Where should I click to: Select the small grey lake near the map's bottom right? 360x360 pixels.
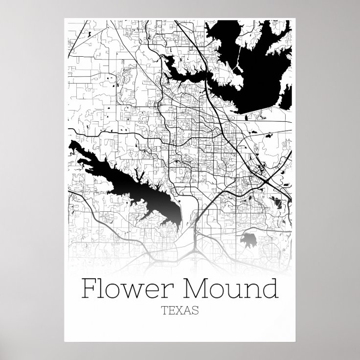pos(250,240)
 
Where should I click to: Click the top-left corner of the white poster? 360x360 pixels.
pos(65,19)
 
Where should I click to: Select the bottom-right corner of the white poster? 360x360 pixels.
pos(295,340)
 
